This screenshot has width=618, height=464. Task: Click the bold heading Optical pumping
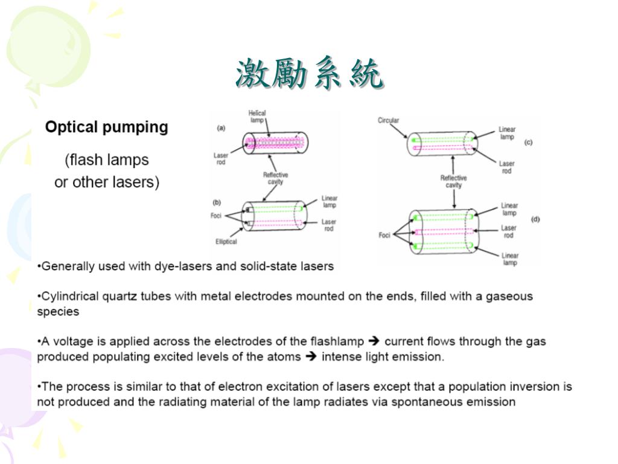pos(107,127)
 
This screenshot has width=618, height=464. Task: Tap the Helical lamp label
pos(257,117)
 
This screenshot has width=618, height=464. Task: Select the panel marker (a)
pos(221,127)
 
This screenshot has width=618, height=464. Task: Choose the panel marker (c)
pos(528,143)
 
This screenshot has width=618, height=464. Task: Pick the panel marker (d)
pos(535,219)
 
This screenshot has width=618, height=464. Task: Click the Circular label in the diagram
pos(388,120)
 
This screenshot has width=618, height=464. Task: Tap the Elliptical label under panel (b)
pos(226,242)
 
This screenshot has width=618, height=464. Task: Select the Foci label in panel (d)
pos(384,235)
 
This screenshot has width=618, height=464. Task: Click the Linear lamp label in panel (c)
pos(507,133)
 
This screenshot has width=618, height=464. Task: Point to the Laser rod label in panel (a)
pos(221,159)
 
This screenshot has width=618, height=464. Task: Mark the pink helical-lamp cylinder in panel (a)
pos(275,144)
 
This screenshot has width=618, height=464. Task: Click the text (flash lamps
pos(107,160)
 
